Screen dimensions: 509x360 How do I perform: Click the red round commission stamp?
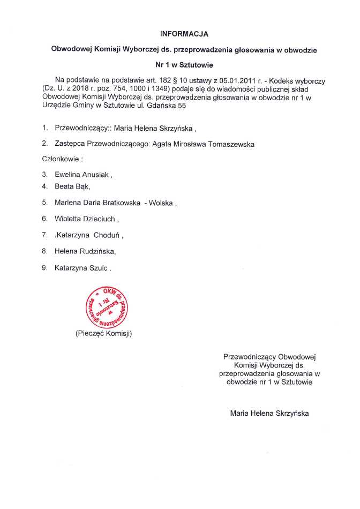click(x=106, y=306)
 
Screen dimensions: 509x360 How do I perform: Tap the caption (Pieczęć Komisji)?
click(x=103, y=333)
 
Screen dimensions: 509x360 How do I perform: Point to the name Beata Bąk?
click(x=71, y=186)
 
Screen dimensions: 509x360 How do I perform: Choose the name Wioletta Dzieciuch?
click(x=84, y=219)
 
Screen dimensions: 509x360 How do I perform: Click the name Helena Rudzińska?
click(x=84, y=250)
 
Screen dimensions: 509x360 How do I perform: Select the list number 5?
click(x=44, y=203)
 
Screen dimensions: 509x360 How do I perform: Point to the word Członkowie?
click(x=61, y=159)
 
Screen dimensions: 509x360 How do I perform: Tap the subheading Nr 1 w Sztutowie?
click(x=184, y=65)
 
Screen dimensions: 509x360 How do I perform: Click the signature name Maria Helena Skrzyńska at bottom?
click(x=269, y=413)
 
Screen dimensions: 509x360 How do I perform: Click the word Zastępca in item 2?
click(x=71, y=144)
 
